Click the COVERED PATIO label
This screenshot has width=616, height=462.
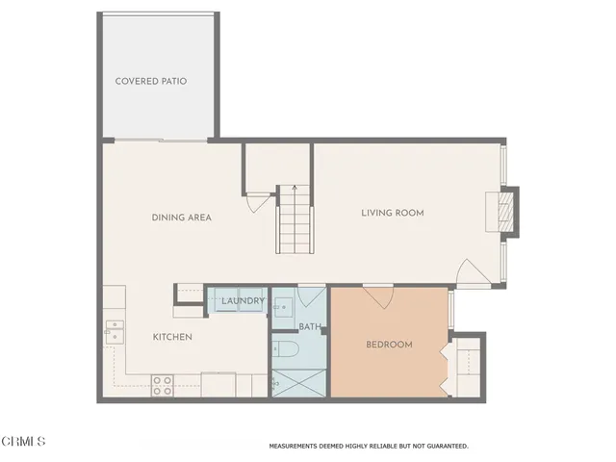(150, 81)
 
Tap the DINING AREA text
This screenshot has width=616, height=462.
(181, 218)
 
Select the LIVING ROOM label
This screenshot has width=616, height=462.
(393, 213)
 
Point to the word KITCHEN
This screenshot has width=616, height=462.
(173, 337)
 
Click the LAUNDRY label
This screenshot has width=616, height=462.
(243, 302)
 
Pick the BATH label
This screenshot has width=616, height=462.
(310, 326)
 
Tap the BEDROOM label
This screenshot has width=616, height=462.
(389, 345)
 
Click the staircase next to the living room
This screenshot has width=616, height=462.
(295, 219)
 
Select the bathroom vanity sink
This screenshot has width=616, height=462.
(284, 308)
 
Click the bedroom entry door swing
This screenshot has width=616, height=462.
(376, 295)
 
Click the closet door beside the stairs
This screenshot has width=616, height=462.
(254, 203)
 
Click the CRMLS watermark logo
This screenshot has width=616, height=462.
(24, 441)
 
